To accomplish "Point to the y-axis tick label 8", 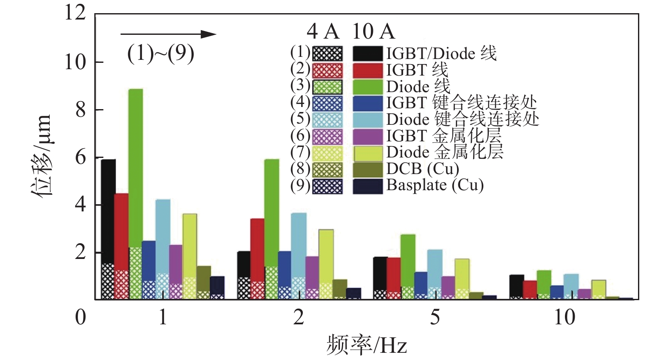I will pos(81,110).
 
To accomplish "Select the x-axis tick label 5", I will pos(435,317).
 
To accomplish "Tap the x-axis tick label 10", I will pos(565,317).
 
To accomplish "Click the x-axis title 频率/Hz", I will pos(367,345).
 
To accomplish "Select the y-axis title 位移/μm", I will pos(42,155).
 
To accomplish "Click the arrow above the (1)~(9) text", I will pos(168,34).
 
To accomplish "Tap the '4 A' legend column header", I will pos(323,31).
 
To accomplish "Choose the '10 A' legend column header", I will pos(373,31).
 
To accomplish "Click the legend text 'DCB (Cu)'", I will pos(423,169).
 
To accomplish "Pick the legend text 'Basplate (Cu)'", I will pos(435,186).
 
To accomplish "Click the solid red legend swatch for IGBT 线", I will pos(368,70).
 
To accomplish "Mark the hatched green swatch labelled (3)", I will pos(327,87).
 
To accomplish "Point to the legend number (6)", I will pos(300,136).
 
